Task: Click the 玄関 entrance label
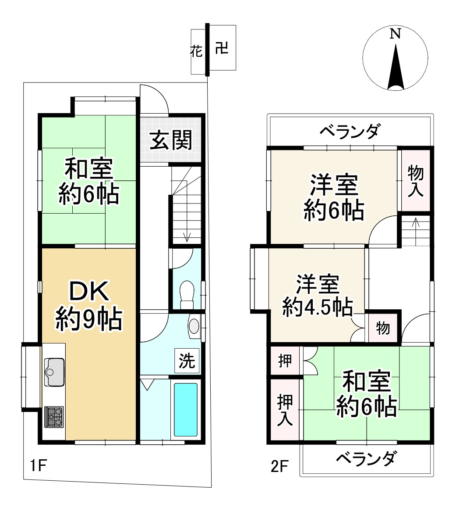(x=171, y=140)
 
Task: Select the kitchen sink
(x=55, y=372)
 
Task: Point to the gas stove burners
(x=54, y=416)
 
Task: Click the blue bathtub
(x=186, y=409)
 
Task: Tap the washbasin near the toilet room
(x=194, y=325)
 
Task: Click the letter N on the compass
(x=396, y=34)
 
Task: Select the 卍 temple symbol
(x=222, y=48)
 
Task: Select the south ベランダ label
(x=367, y=459)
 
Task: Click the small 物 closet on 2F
(x=383, y=328)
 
